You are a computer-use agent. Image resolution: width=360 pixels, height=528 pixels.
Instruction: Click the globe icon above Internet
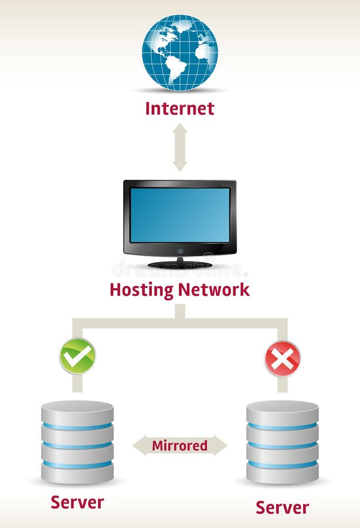(179, 53)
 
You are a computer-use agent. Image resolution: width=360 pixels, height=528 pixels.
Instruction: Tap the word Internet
(179, 109)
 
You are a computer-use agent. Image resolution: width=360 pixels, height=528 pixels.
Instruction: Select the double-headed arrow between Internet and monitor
(179, 147)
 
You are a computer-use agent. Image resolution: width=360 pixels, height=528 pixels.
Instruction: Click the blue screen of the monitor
(179, 215)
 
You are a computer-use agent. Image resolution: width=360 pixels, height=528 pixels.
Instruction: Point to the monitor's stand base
(179, 265)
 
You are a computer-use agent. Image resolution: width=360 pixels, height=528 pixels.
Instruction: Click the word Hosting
(141, 290)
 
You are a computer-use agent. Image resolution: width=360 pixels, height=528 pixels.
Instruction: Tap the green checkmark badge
(77, 356)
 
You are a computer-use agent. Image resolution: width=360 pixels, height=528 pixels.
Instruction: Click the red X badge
(282, 358)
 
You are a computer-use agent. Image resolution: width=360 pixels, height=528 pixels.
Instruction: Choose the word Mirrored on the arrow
(179, 445)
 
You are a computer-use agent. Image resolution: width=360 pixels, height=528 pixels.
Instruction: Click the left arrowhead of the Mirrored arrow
(140, 445)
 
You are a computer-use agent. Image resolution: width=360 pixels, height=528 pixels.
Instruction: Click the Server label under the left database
(77, 502)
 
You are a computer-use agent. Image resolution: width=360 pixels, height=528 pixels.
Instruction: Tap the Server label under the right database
(282, 507)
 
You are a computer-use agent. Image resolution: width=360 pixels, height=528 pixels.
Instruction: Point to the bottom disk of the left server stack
(77, 473)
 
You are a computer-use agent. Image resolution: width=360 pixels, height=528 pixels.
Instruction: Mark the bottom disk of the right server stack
(282, 473)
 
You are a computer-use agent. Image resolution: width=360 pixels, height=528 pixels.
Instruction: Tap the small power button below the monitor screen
(179, 250)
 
